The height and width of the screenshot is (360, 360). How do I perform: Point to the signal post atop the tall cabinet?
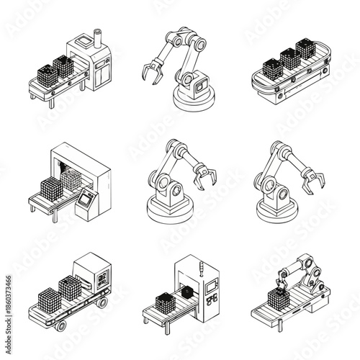201,270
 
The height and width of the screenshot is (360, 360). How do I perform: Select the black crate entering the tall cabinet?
187,292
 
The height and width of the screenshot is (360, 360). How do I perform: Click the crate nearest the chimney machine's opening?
63,66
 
